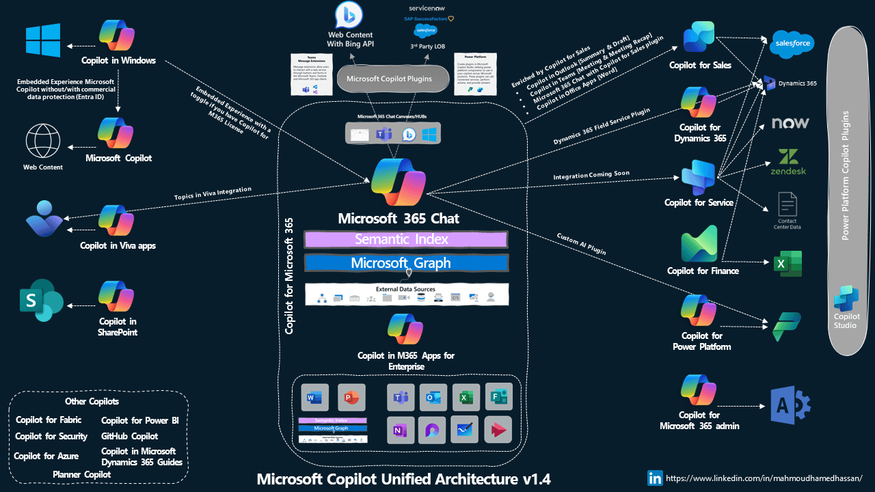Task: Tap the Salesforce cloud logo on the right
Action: [792, 44]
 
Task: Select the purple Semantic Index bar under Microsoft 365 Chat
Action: [405, 239]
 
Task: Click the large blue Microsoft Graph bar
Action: [406, 263]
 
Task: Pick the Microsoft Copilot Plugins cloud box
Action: [389, 79]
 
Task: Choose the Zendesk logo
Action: [789, 162]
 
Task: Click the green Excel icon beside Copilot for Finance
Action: [787, 264]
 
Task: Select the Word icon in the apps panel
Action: [315, 397]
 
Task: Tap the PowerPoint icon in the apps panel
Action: [351, 397]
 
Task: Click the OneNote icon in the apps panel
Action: [401, 430]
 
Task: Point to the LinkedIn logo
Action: [654, 478]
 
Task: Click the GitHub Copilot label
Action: [129, 436]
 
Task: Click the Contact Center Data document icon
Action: [788, 204]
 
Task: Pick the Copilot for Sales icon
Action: [699, 38]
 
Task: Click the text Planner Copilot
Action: [81, 474]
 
